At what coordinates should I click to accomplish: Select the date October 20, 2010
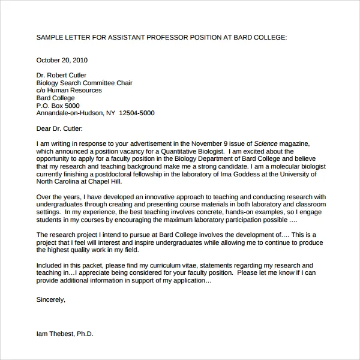pos(62,60)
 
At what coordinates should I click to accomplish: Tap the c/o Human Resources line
pos(69,90)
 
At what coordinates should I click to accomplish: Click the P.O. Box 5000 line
pos(58,105)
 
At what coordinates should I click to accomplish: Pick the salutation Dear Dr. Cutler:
pos(59,128)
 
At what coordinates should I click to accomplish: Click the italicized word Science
pos(266,143)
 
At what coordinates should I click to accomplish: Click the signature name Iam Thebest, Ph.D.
pos(65,333)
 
